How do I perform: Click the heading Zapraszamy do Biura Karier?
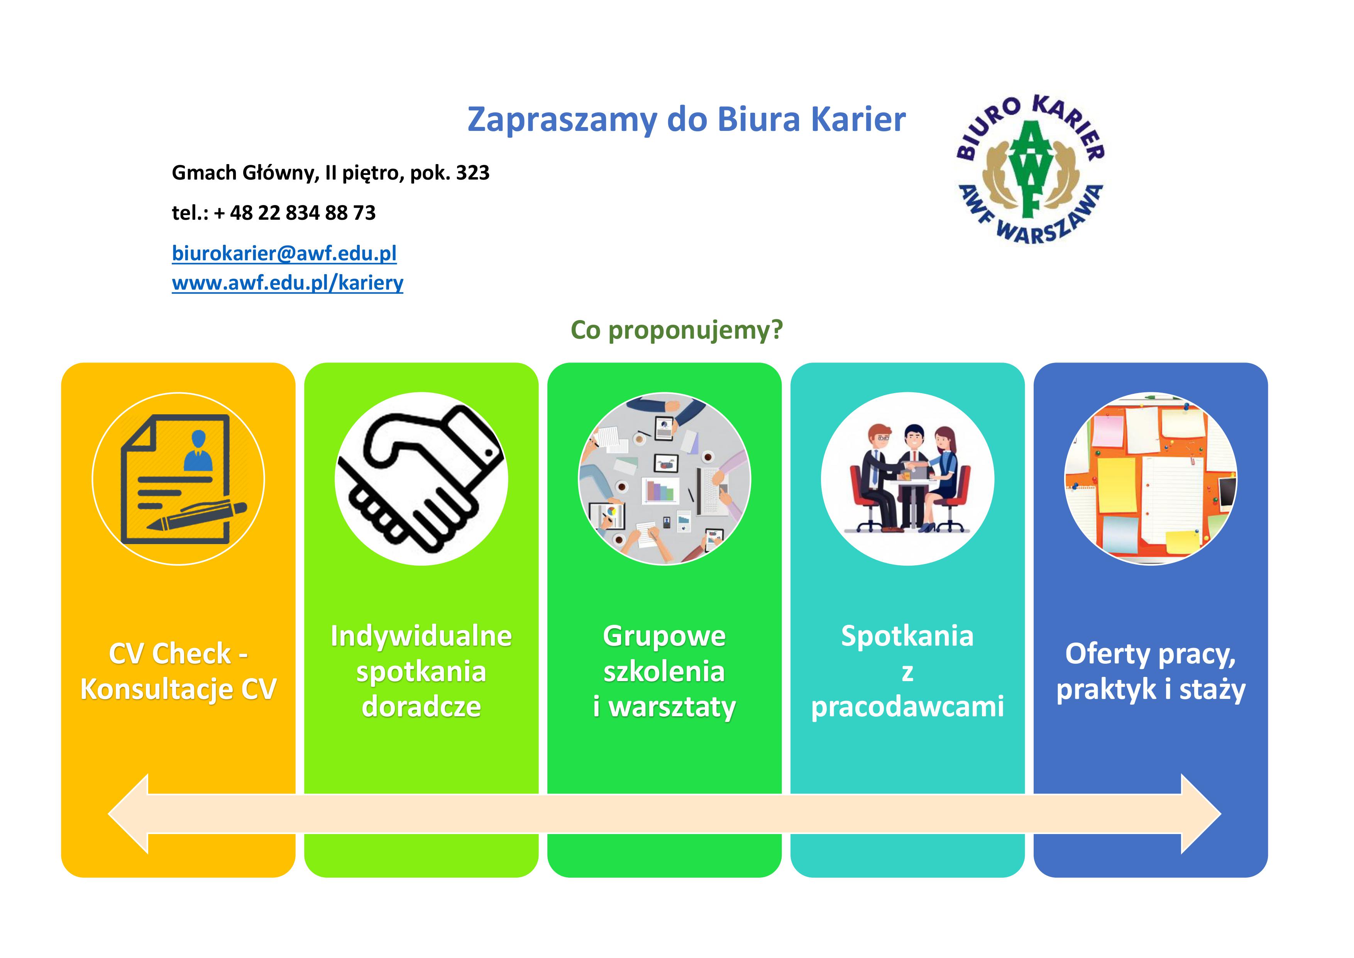686,120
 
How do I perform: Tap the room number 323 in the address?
472,173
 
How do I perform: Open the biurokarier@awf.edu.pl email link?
284,254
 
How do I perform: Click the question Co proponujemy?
676,331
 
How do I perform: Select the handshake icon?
421,478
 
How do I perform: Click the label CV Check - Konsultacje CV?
178,671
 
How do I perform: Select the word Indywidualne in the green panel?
421,636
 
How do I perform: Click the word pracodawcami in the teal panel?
907,707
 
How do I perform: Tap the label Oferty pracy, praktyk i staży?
1151,671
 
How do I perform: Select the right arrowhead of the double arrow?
1201,814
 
